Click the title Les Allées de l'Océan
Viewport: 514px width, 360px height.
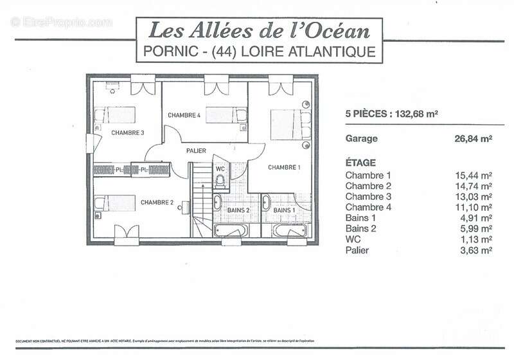(260, 30)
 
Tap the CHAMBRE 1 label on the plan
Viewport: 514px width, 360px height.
(284, 167)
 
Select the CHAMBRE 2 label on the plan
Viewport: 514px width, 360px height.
(157, 203)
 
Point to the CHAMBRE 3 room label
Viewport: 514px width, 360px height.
(127, 133)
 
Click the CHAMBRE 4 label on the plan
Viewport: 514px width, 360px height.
(184, 115)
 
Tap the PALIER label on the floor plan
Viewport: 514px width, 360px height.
(196, 150)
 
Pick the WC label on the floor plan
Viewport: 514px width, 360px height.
(220, 169)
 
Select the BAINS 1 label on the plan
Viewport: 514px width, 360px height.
(284, 210)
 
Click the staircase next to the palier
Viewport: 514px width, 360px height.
(200, 199)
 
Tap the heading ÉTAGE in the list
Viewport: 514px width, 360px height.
(360, 163)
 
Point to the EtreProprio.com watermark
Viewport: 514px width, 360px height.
(61, 22)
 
